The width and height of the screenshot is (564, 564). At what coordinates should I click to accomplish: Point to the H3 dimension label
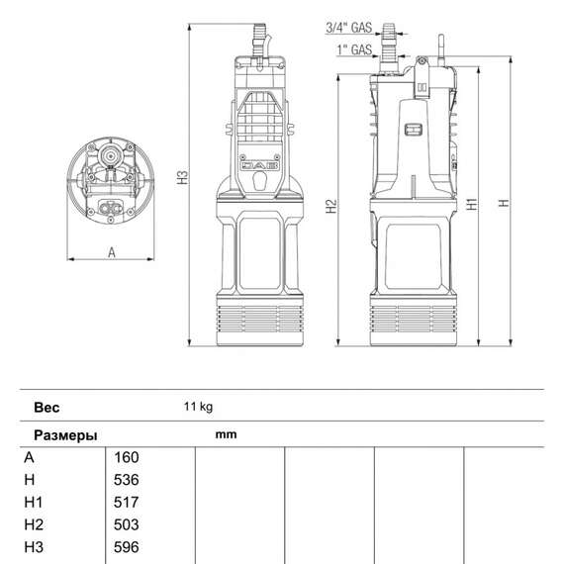coord(182,178)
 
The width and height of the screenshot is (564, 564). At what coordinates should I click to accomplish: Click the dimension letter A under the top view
coord(112,253)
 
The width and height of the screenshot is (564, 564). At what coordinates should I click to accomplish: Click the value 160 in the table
coord(127,457)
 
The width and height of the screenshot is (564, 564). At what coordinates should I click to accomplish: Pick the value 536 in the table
coord(127,480)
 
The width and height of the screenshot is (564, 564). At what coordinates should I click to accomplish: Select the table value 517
coord(127,503)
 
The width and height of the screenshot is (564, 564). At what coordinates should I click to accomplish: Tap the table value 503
coord(127,524)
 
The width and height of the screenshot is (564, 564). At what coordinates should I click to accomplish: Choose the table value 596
coord(127,547)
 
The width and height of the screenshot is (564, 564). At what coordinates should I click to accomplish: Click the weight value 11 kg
coord(198,407)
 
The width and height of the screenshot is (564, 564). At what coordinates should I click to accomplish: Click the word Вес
coord(47,407)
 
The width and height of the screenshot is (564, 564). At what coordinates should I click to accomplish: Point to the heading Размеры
coord(65,434)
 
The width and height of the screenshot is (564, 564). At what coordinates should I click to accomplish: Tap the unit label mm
coord(224,433)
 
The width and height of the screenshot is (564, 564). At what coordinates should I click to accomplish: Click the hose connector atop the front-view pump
coord(260,40)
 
